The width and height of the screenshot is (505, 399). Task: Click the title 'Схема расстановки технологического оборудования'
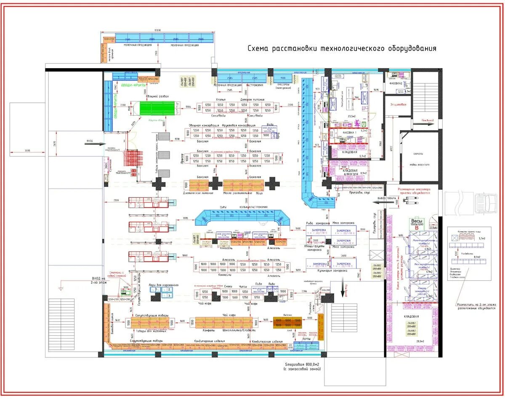(x=342, y=49)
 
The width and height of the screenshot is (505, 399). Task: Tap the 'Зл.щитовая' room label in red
(x=398, y=104)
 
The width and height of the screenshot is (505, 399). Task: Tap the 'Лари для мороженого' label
(x=164, y=285)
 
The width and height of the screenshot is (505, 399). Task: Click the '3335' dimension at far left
(x=27, y=150)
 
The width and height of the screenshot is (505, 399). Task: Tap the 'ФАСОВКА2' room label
(x=396, y=83)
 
